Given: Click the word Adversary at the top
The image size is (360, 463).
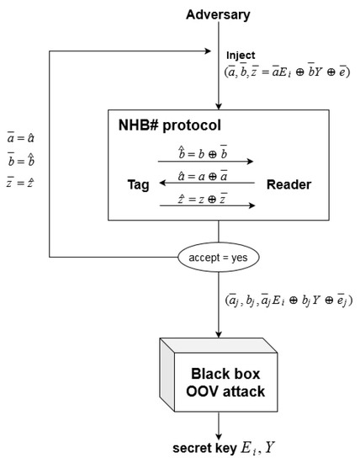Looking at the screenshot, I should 219,14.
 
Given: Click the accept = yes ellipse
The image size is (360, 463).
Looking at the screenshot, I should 218,256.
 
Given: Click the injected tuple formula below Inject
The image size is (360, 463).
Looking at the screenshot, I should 289,72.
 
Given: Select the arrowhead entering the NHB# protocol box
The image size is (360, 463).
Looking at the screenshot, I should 218,105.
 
